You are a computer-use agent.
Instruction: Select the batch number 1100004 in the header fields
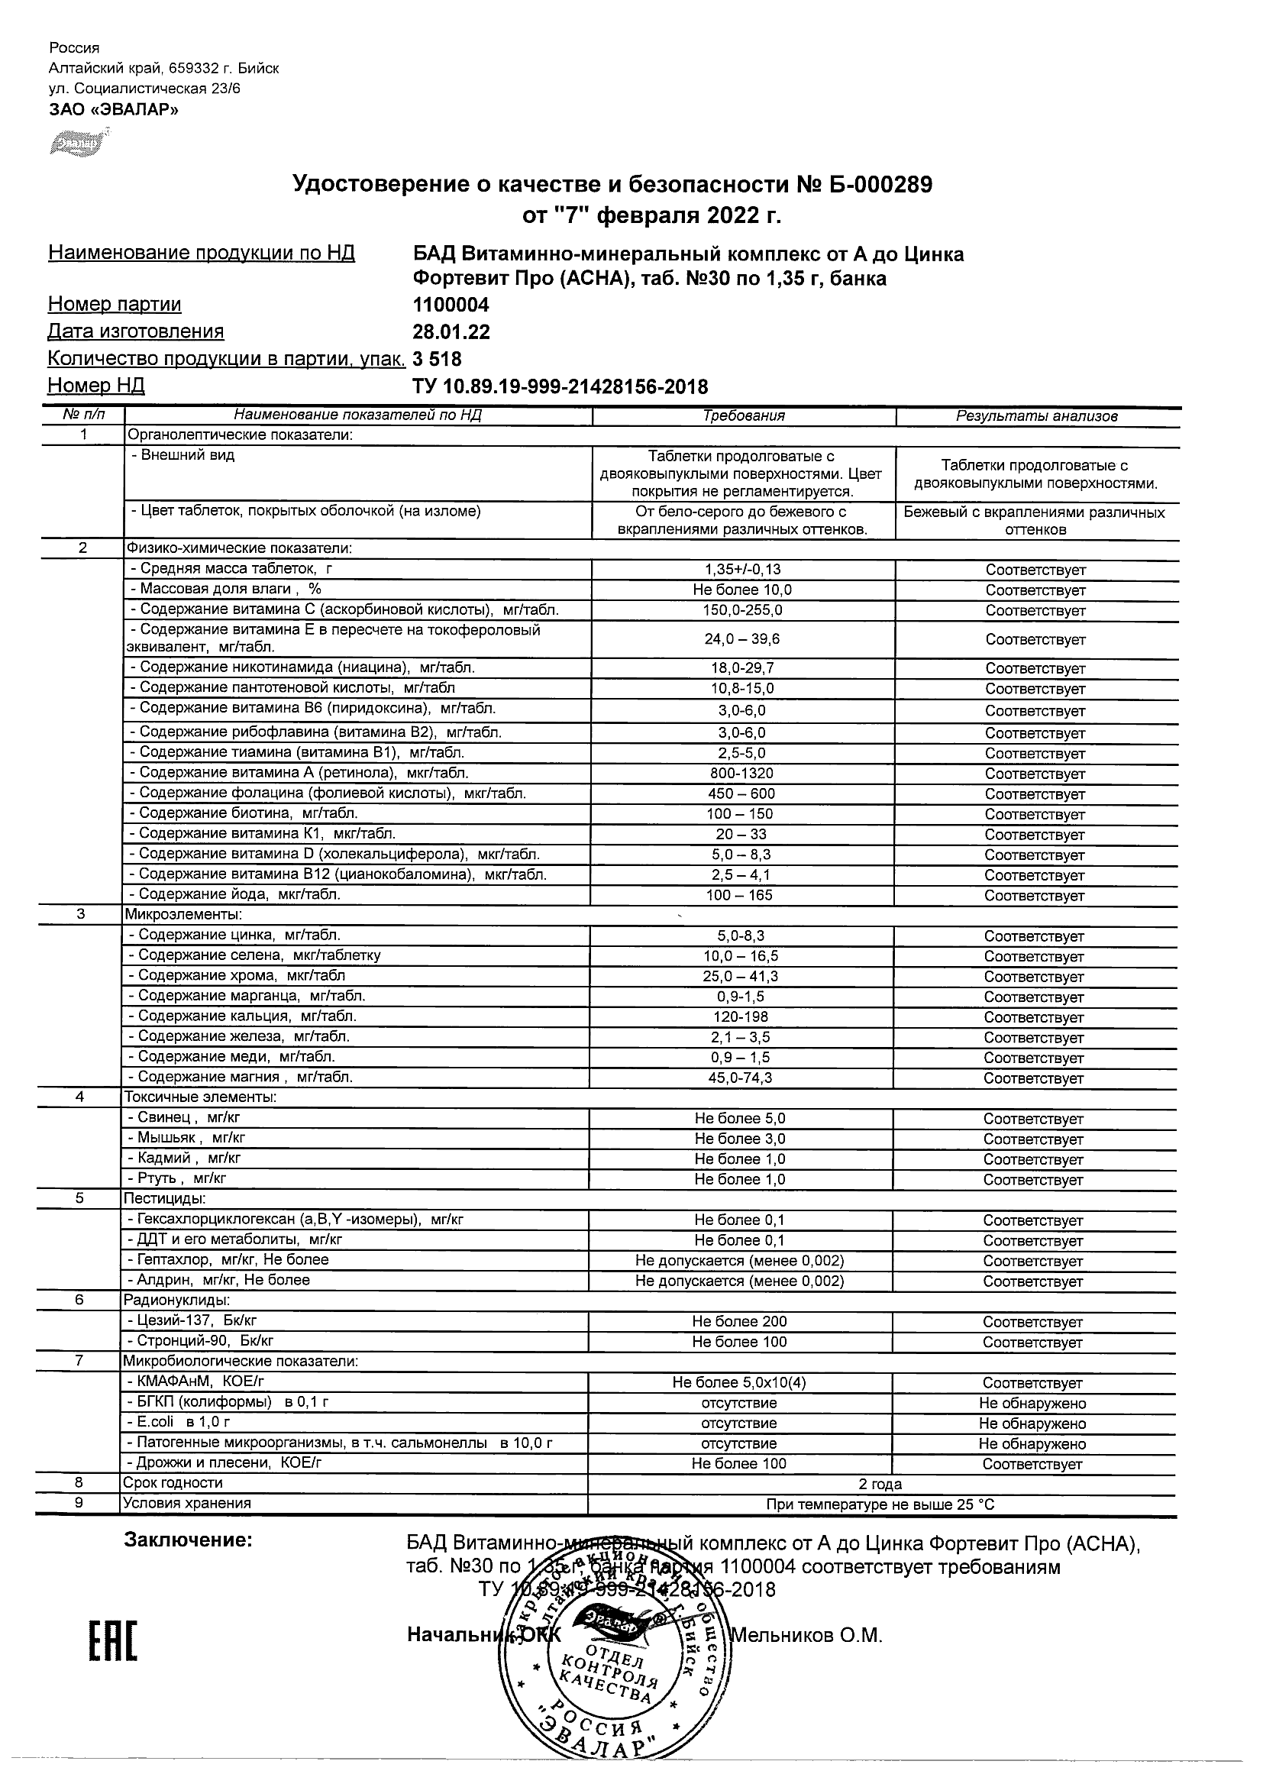point(451,305)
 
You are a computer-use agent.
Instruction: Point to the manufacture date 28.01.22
point(451,332)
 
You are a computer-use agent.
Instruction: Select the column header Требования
point(744,416)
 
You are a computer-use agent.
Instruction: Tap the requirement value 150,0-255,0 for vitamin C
point(744,610)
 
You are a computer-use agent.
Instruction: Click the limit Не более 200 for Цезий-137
point(739,1322)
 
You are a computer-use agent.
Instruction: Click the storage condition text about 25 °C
point(880,1504)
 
